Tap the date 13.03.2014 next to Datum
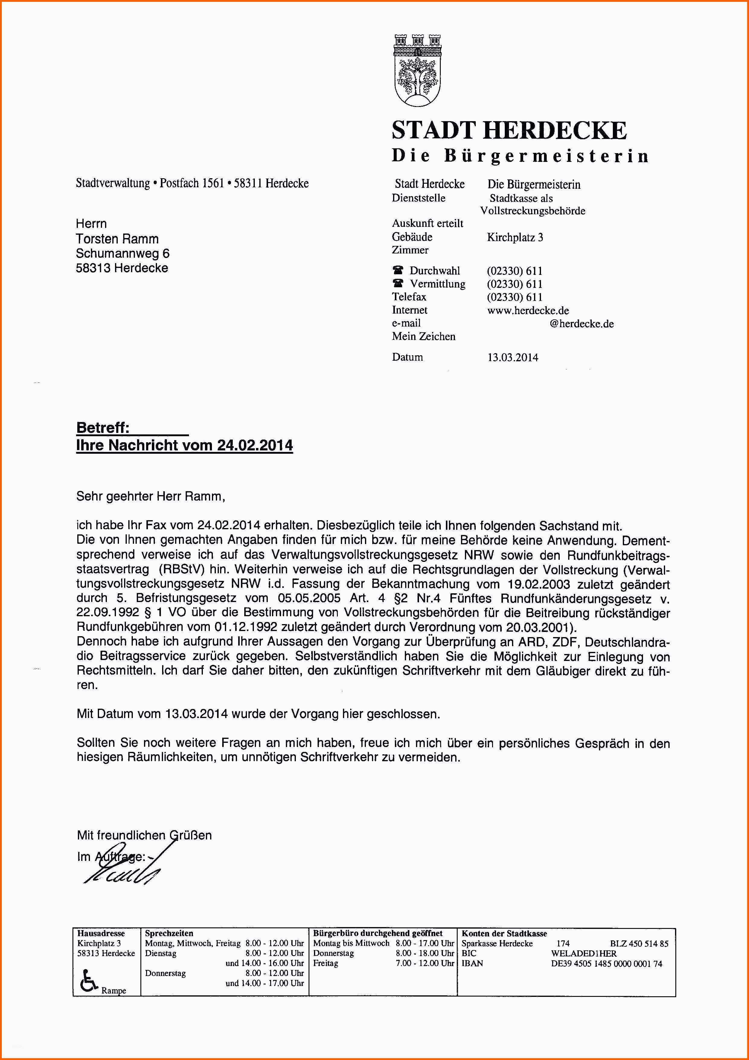click(x=513, y=357)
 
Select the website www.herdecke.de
click(x=528, y=310)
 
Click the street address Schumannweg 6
click(x=123, y=253)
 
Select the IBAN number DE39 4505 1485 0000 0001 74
click(x=607, y=964)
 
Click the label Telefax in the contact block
click(x=409, y=297)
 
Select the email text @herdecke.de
click(x=581, y=324)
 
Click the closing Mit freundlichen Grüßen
click(x=144, y=835)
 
